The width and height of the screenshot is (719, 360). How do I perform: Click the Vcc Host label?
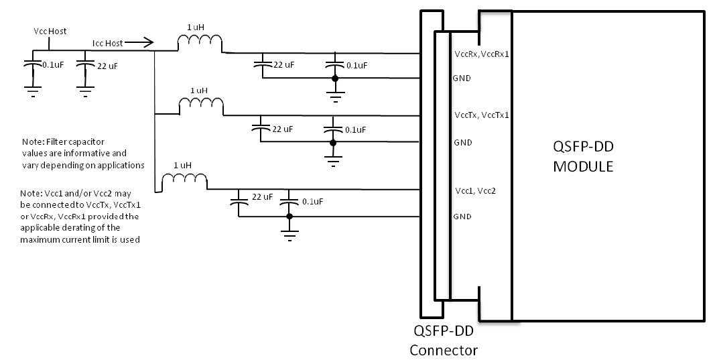tap(50, 32)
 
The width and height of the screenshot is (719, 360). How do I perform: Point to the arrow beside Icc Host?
tap(139, 43)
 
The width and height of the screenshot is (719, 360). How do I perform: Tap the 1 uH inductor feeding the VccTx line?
tap(200, 106)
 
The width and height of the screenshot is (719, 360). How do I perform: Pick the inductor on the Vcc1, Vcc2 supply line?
tap(184, 180)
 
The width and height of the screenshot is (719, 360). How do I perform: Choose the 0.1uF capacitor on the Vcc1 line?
tap(289, 201)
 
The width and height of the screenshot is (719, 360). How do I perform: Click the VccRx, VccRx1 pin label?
tap(482, 54)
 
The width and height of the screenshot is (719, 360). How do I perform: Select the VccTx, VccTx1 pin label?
tap(481, 115)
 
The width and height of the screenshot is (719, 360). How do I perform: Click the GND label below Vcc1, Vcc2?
tap(462, 217)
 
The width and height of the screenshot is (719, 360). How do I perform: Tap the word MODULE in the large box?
tap(582, 167)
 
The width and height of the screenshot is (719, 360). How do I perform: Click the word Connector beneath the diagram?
tap(444, 350)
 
